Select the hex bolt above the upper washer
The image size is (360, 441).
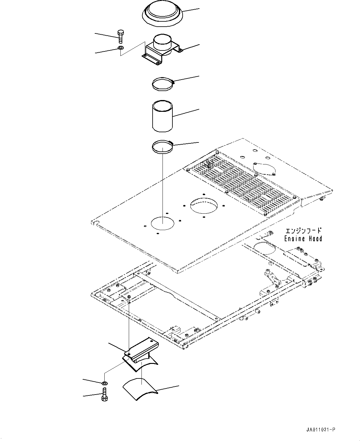click(x=120, y=36)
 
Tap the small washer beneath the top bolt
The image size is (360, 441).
click(x=120, y=48)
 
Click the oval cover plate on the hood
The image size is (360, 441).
click(x=264, y=169)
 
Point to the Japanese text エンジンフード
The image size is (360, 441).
click(x=303, y=231)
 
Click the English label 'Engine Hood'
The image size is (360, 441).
click(x=303, y=238)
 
